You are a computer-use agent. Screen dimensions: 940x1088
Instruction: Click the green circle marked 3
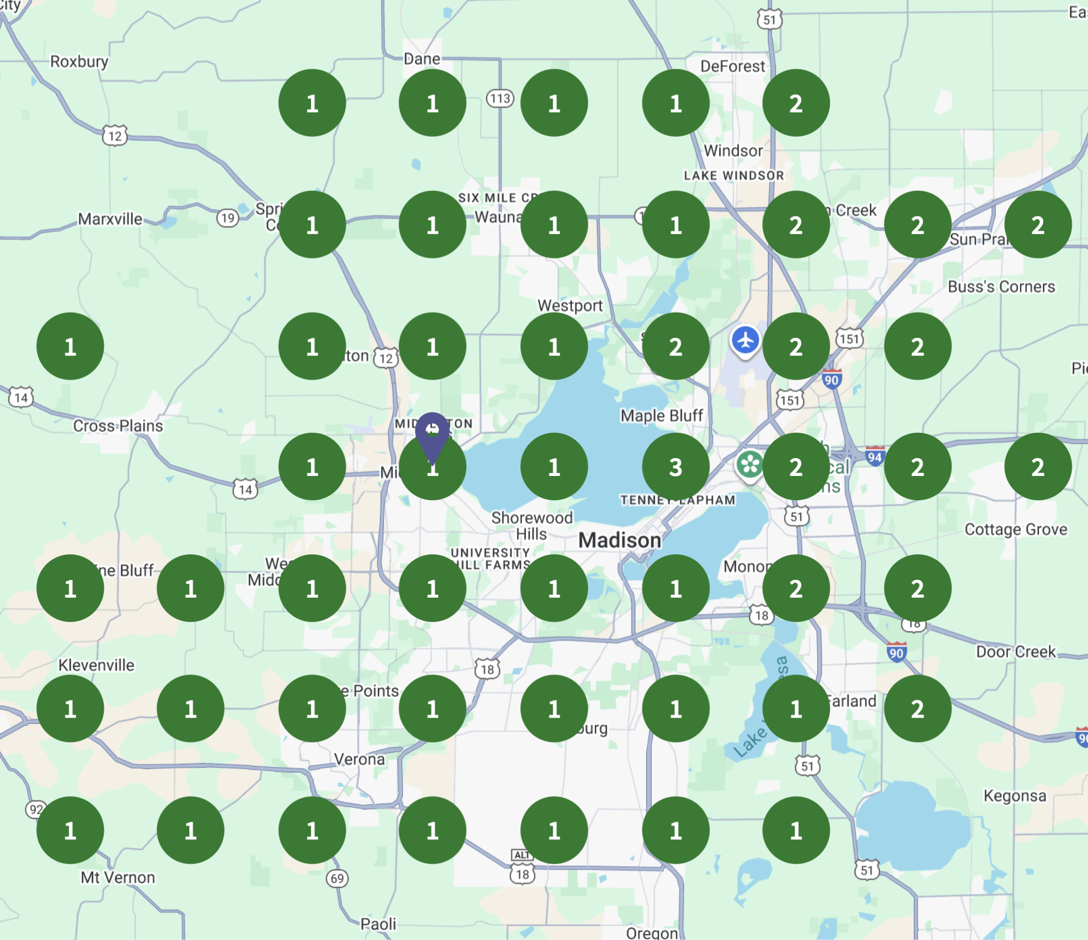coord(675,466)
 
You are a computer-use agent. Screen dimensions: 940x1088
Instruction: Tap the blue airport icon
coord(745,341)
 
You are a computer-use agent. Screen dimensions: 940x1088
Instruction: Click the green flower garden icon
coord(750,465)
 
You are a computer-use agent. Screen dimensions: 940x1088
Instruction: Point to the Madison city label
coord(620,540)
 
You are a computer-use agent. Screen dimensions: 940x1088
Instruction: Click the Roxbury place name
coord(79,62)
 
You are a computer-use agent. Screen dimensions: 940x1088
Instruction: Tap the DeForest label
coord(732,67)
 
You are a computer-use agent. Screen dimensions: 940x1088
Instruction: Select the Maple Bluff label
coord(661,415)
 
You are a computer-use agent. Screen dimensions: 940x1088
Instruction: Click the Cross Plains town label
coord(118,426)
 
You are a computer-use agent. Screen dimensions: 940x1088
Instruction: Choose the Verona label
coord(360,759)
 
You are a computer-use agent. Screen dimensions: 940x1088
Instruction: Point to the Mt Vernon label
coord(118,877)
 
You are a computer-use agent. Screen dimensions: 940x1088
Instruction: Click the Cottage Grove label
coord(1016,529)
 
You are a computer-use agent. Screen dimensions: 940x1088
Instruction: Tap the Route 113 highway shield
coord(500,98)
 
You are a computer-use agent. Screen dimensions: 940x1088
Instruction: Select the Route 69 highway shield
coord(337,878)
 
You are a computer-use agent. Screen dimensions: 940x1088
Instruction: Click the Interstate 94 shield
coord(875,456)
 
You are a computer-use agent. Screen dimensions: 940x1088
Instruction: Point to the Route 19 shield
coord(228,218)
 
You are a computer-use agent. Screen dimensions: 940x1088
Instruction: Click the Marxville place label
coord(110,219)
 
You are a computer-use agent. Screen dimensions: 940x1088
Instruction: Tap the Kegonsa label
coord(1014,796)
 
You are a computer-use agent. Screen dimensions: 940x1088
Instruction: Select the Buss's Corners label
coord(1001,287)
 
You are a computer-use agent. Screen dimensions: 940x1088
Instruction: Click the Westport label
coord(570,306)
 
